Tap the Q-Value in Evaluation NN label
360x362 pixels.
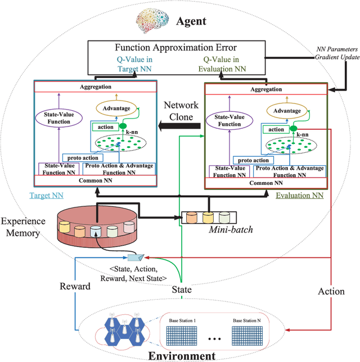(228, 65)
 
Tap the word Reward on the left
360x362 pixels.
(75, 286)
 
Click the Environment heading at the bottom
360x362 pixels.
(181, 355)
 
